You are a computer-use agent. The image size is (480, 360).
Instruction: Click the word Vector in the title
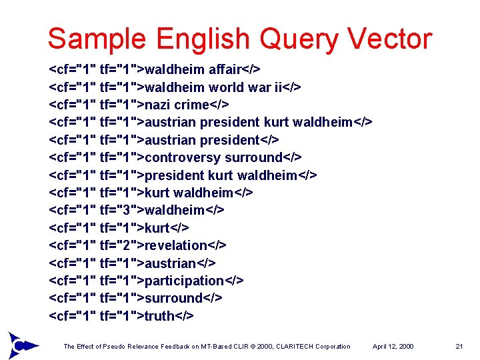pyautogui.click(x=389, y=39)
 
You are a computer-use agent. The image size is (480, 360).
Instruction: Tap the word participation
pyautogui.click(x=184, y=281)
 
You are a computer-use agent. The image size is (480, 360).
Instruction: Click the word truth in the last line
pyautogui.click(x=159, y=316)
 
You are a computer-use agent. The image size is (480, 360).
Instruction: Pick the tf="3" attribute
pyautogui.click(x=117, y=210)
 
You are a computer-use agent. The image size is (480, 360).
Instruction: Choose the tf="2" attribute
pyautogui.click(x=117, y=245)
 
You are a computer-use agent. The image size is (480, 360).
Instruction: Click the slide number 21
pyautogui.click(x=459, y=346)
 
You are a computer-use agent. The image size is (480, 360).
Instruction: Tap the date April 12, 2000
pyautogui.click(x=393, y=346)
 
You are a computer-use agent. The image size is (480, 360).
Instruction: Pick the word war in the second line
pyautogui.click(x=260, y=87)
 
